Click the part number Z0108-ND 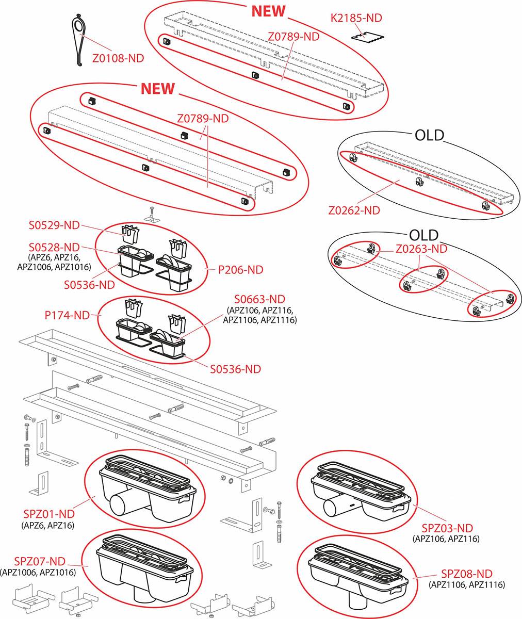tap(118, 58)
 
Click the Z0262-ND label tap(354, 210)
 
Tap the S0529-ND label tap(54, 225)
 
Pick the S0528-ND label tap(54, 247)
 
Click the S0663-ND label tap(259, 299)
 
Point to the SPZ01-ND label tap(49, 514)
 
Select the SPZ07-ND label tap(40, 561)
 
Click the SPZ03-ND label tap(447, 528)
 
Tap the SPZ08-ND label tap(466, 574)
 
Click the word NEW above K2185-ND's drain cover tap(268, 11)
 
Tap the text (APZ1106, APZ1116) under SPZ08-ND tap(466, 584)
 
